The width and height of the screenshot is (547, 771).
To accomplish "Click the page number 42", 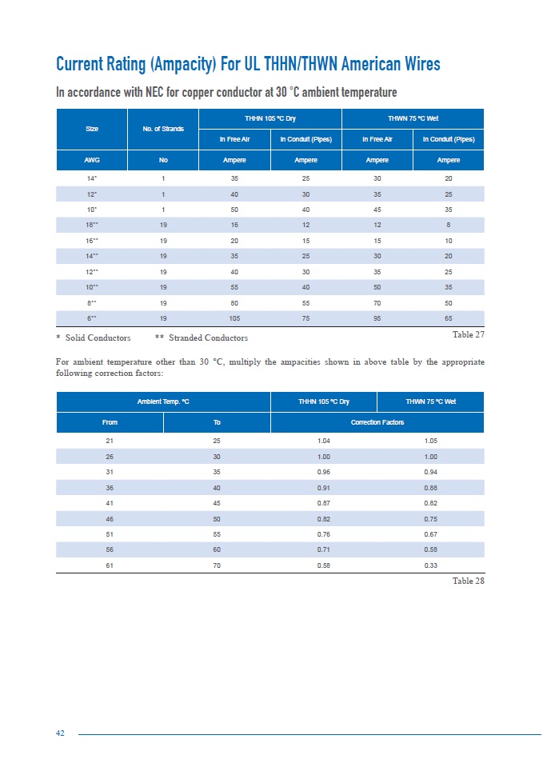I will [60, 734].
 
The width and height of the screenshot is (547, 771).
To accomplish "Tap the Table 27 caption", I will [468, 334].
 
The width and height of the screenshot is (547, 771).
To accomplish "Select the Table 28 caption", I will [468, 580].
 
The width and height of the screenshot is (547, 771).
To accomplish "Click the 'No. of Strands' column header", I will [163, 128].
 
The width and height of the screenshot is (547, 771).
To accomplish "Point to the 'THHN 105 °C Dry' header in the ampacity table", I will [270, 118].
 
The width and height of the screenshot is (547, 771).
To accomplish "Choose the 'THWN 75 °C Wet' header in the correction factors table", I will [429, 401].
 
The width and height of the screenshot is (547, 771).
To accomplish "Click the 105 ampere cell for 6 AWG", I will [234, 317].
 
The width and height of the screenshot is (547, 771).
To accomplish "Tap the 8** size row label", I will [91, 302].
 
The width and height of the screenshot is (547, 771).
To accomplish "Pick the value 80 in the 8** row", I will [234, 302].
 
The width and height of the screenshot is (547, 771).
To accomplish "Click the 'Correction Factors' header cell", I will [377, 422].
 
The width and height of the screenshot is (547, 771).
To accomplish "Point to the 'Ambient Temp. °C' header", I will [163, 401].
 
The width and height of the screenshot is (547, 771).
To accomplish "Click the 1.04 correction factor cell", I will [324, 441].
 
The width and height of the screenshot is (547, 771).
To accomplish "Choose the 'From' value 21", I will [110, 441].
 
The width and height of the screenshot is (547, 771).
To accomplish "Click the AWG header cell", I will [91, 160].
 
